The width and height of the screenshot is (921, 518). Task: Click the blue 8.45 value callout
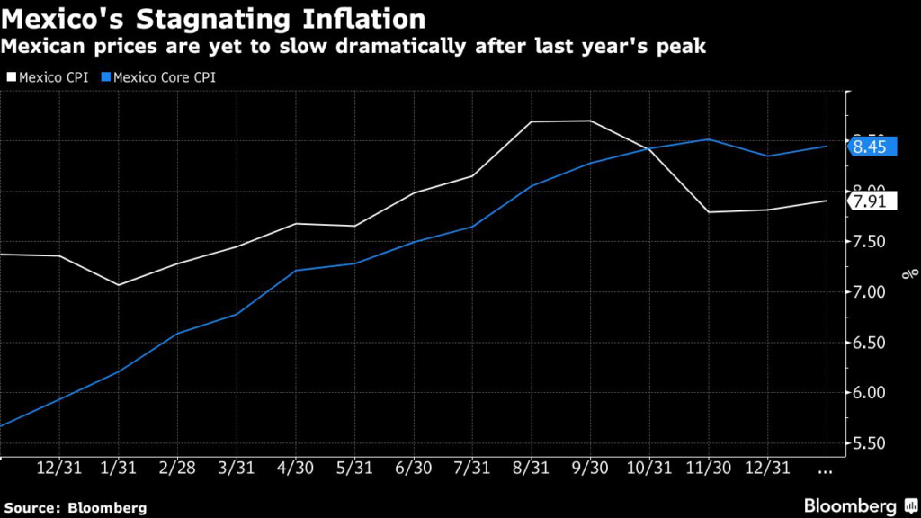[x=871, y=147]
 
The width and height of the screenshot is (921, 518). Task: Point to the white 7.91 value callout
[x=871, y=201]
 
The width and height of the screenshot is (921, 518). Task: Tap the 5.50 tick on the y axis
[x=871, y=443]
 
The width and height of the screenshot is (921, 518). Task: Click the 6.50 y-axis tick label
[x=871, y=343]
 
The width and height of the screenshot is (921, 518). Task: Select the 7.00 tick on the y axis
[x=871, y=292]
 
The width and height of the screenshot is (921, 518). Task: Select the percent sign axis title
[x=910, y=272]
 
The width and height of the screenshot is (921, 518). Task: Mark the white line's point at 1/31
[x=119, y=285]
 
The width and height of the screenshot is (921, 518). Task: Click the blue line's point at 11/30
[x=709, y=139]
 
